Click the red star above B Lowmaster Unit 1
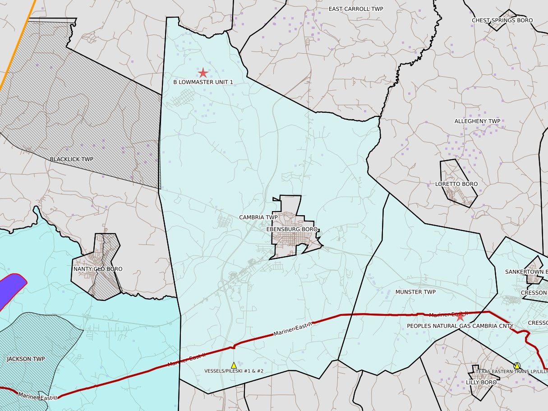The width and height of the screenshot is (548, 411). pyautogui.click(x=203, y=73)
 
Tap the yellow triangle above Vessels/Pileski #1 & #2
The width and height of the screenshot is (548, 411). pyautogui.click(x=234, y=365)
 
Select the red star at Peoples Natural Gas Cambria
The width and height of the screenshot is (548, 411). pyautogui.click(x=460, y=317)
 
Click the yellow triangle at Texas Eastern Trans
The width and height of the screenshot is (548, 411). pyautogui.click(x=517, y=366)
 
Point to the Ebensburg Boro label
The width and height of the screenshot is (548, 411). pyautogui.click(x=292, y=229)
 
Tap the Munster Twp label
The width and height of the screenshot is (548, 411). pyautogui.click(x=415, y=292)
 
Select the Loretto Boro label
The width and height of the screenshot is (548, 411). pyautogui.click(x=456, y=184)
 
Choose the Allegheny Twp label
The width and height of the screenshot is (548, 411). pyautogui.click(x=477, y=121)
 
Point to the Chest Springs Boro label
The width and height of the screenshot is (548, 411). pyautogui.click(x=502, y=20)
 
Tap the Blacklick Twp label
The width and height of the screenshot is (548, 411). pyautogui.click(x=71, y=159)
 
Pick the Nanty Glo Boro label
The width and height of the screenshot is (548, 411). pyautogui.click(x=97, y=269)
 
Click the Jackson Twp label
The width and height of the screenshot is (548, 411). pyautogui.click(x=26, y=359)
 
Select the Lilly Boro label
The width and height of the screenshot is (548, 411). pyautogui.click(x=481, y=383)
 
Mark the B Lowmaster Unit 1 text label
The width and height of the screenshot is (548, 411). pyautogui.click(x=203, y=82)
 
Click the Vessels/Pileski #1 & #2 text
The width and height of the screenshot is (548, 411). pyautogui.click(x=234, y=371)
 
